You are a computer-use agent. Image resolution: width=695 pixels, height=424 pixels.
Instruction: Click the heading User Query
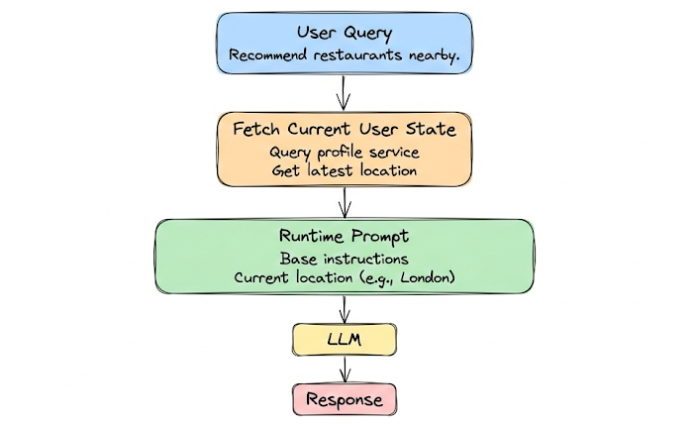click(x=344, y=34)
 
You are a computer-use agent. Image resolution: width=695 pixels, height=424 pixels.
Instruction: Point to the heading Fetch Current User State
click(x=344, y=130)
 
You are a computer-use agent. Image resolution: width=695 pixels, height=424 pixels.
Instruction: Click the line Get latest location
click(x=344, y=170)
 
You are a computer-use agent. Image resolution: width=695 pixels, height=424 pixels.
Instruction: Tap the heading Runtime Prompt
click(x=344, y=239)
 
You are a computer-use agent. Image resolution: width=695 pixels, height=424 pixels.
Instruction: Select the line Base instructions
click(x=344, y=260)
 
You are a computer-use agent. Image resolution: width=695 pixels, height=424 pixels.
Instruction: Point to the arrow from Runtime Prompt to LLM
click(x=345, y=308)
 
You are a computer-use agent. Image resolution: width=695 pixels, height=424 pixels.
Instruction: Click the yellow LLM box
click(x=344, y=340)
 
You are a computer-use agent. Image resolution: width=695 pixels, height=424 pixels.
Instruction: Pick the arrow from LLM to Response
click(x=345, y=370)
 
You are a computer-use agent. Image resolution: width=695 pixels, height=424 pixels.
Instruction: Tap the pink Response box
click(x=344, y=399)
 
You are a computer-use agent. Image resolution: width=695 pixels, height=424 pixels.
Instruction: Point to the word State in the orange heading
click(x=432, y=130)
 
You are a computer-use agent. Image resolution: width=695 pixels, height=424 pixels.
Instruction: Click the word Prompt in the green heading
click(x=377, y=239)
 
